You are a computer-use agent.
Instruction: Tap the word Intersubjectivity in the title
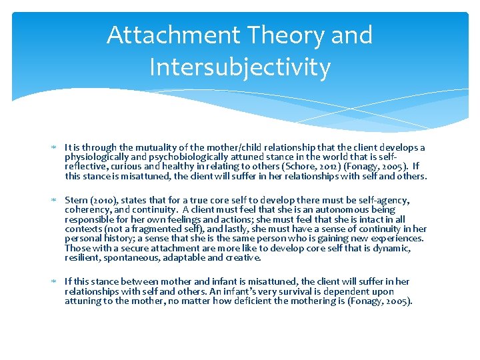[x=239, y=67]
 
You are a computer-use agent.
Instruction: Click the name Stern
[x=76, y=200]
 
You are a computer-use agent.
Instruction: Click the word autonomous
[x=347, y=210]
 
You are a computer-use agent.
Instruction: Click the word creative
[x=243, y=257]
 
